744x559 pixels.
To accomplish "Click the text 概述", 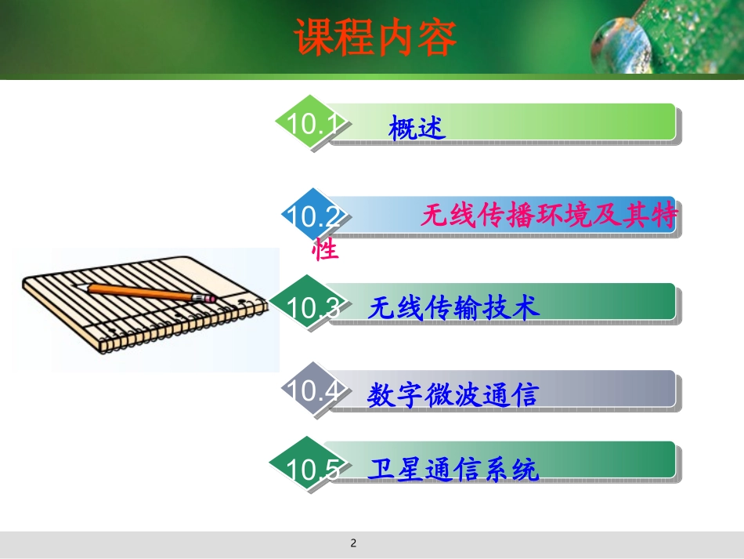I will [417, 127].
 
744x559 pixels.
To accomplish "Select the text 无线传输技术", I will [454, 308].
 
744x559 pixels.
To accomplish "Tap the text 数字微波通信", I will [453, 394].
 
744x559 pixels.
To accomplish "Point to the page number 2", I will [353, 543].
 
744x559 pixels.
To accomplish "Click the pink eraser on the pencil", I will [209, 299].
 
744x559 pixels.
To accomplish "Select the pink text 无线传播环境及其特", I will [548, 216].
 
